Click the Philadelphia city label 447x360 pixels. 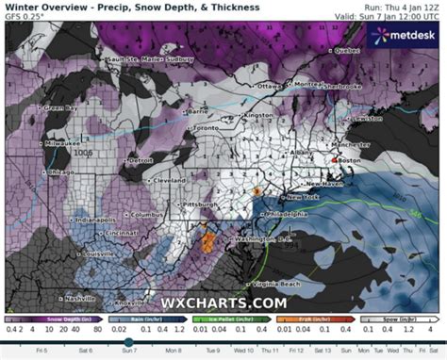[288, 214]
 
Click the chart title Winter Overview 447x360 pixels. [37, 7]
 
